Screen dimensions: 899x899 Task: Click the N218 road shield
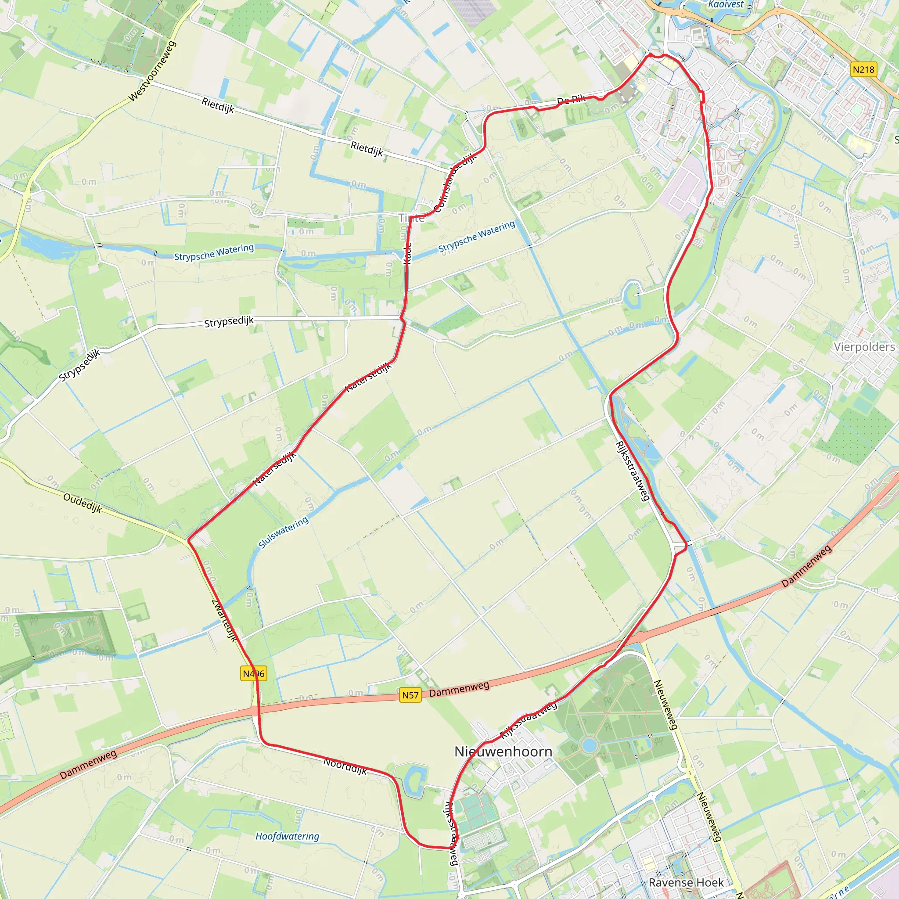click(x=863, y=70)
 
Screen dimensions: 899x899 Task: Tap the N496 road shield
click(x=254, y=673)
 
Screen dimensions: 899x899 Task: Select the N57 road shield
click(x=410, y=695)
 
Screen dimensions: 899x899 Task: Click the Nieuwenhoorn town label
click(x=503, y=752)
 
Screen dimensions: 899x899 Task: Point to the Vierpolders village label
click(x=864, y=347)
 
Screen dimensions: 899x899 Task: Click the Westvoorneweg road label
click(x=153, y=71)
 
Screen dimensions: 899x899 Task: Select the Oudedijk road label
click(x=83, y=503)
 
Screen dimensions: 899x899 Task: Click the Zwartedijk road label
click(x=224, y=620)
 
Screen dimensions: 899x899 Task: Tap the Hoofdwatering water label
click(x=287, y=836)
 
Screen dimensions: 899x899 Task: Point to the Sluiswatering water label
click(x=284, y=532)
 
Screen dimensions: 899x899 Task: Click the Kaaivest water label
click(x=726, y=5)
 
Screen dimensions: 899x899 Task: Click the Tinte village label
click(x=411, y=218)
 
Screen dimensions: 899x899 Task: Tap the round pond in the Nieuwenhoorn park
click(x=590, y=745)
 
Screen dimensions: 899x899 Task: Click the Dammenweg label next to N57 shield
click(x=459, y=689)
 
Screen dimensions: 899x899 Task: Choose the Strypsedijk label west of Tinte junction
click(x=229, y=321)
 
